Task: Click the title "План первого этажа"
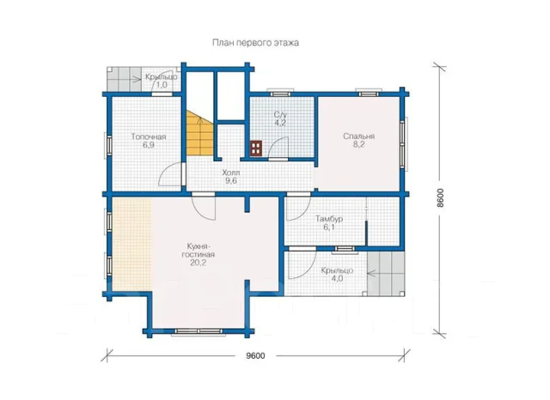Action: click(x=255, y=43)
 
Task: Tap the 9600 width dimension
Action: click(x=255, y=356)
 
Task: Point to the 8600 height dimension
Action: click(x=440, y=198)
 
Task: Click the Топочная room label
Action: click(x=149, y=136)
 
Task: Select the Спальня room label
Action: click(x=359, y=136)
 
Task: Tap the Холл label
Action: click(x=231, y=173)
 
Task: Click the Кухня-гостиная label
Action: click(x=199, y=250)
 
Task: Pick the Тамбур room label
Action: click(x=328, y=219)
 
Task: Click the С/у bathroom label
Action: click(x=280, y=114)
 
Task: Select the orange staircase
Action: click(x=199, y=135)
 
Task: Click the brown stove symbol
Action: click(x=256, y=148)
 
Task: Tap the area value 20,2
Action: click(x=199, y=263)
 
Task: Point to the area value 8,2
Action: click(x=359, y=144)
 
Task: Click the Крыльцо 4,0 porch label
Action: click(x=337, y=275)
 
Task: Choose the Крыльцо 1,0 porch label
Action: click(x=162, y=81)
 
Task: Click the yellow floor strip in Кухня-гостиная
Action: click(x=131, y=244)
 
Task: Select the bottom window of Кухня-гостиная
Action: click(x=199, y=331)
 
